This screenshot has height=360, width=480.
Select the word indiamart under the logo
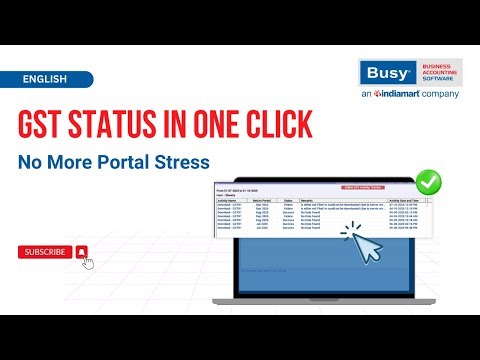398,95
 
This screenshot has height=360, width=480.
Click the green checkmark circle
429,183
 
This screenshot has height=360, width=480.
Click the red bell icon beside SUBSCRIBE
81,252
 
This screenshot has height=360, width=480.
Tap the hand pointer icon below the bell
87,263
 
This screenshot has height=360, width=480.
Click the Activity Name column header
232,199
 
